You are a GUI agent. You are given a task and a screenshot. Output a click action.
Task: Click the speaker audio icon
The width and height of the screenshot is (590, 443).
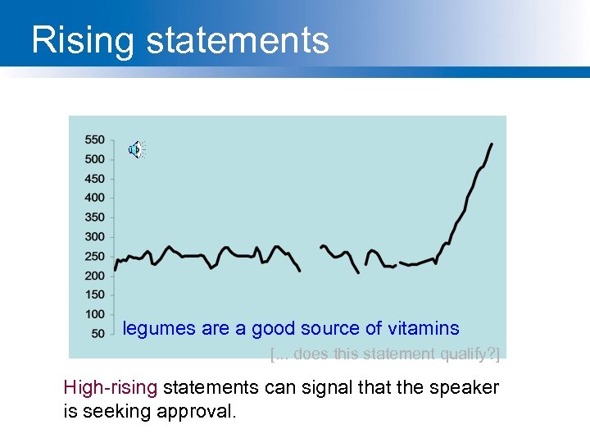click(x=136, y=149)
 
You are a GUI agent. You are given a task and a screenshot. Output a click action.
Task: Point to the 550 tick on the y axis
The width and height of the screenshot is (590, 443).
click(x=94, y=139)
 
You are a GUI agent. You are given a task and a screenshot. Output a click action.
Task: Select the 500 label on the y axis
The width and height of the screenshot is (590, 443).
click(x=94, y=159)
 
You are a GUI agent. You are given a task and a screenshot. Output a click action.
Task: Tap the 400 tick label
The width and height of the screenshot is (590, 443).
click(x=94, y=198)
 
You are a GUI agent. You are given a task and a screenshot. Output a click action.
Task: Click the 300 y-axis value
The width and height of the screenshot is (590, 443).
click(x=94, y=237)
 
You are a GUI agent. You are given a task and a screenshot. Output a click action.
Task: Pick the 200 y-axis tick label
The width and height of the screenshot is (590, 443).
click(x=94, y=276)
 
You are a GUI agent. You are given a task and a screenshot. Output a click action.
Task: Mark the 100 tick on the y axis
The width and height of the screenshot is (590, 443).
click(x=94, y=314)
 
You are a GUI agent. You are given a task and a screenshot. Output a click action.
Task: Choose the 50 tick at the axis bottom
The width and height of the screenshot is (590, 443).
click(x=98, y=333)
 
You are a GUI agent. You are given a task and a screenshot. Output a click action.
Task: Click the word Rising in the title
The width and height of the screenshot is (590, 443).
click(x=77, y=39)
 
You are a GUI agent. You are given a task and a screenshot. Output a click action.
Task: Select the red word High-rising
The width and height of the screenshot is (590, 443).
click(x=112, y=387)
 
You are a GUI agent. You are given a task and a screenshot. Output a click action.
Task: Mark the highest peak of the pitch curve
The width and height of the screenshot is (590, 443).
click(x=491, y=144)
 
